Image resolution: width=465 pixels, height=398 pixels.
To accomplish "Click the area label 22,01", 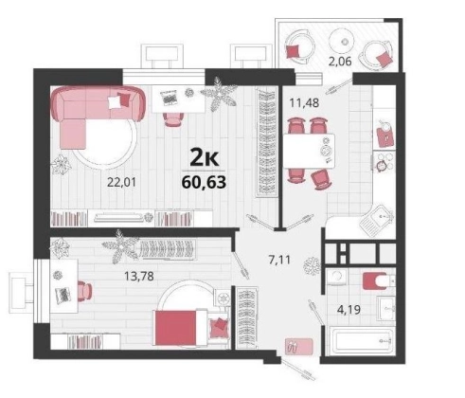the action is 121,182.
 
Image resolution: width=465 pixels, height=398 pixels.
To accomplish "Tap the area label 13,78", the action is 139,277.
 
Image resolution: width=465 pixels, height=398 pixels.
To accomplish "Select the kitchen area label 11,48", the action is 304,102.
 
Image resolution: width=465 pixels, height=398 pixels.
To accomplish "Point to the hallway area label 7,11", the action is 279,260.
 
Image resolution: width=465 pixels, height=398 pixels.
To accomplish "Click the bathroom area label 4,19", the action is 349,309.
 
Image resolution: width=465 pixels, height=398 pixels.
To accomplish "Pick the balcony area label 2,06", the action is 340,61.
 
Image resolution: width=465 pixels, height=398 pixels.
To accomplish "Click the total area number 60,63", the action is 204,182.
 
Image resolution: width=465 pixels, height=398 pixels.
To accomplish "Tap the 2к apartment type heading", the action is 204,158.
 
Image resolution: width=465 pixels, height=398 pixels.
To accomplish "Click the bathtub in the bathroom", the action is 362,341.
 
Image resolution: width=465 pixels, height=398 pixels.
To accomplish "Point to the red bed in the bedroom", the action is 181,328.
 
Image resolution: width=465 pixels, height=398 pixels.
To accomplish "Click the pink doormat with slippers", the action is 298,346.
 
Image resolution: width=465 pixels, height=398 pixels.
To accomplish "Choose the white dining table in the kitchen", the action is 309,152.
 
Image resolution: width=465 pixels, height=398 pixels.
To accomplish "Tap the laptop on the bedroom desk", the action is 63,295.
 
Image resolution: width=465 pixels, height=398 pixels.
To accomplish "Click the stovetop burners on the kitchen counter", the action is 384,162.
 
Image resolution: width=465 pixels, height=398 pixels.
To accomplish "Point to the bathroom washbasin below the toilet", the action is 386,309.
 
